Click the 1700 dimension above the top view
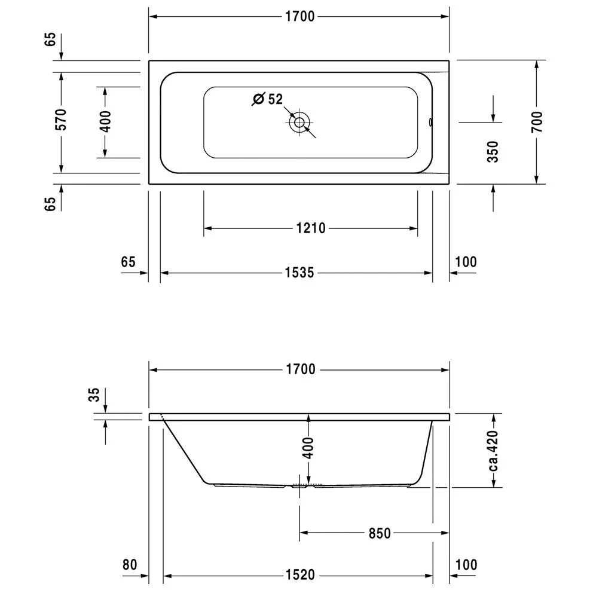299,17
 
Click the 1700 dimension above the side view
301,369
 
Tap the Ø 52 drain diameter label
268,99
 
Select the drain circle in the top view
299,122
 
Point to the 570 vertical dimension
61,120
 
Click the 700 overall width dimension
537,121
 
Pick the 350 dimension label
493,152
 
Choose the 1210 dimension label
311,228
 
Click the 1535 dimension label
299,273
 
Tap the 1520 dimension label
300,574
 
